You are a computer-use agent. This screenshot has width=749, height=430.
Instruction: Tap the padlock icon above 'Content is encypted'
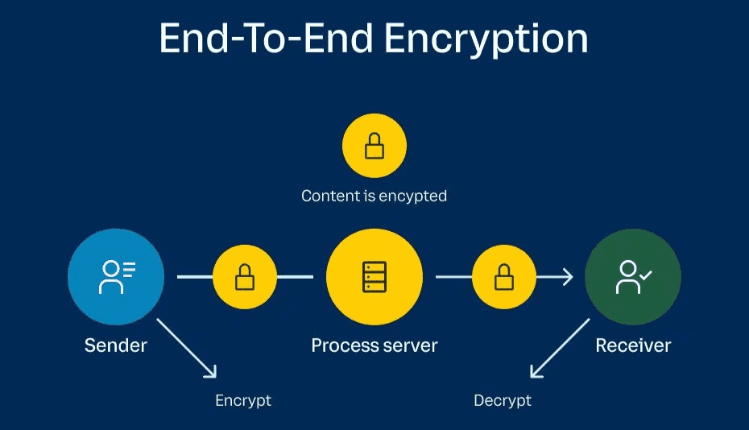pos(374,146)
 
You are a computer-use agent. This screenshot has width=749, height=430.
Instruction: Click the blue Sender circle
pos(116,277)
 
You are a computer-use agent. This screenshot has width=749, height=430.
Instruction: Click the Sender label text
pos(116,345)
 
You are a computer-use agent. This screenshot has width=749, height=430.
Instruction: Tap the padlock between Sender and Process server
pos(245,277)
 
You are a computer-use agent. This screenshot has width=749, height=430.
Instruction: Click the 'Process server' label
pos(374,345)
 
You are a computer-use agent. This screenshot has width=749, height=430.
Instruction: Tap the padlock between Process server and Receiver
pos(504,277)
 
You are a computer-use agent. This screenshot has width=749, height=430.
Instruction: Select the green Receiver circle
pos(633,277)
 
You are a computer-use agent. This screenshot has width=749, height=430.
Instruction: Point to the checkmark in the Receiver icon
pos(645,275)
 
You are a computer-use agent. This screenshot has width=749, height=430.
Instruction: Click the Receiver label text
pos(633,345)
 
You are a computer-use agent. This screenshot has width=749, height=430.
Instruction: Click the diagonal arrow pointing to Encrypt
pos(187,349)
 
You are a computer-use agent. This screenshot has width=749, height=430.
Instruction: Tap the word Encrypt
pos(243,400)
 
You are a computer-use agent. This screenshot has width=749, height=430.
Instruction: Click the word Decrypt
pos(503,400)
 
